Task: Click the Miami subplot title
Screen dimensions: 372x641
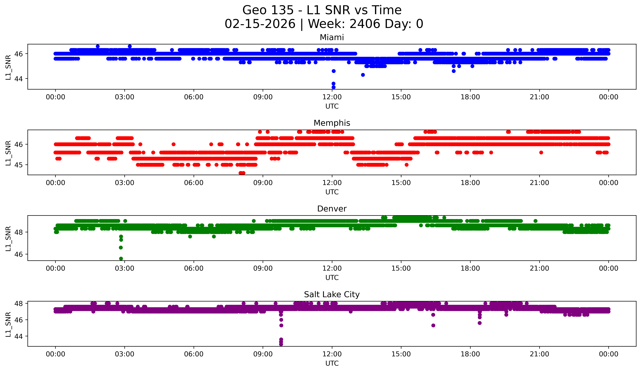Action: pyautogui.click(x=332, y=37)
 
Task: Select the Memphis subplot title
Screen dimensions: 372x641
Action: pyautogui.click(x=332, y=123)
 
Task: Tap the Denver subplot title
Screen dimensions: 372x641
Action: pyautogui.click(x=332, y=209)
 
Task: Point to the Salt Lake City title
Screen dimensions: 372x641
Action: pyautogui.click(x=332, y=294)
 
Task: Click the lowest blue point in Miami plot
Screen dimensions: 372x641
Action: pyautogui.click(x=333, y=87)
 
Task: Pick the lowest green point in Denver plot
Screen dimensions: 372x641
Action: pyautogui.click(x=121, y=259)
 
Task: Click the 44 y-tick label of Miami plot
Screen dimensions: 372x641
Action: pyautogui.click(x=19, y=79)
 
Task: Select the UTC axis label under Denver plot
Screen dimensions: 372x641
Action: pyautogui.click(x=332, y=278)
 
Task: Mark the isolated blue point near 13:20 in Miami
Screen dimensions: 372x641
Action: pyautogui.click(x=363, y=75)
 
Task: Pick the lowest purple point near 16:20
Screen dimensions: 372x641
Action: pyautogui.click(x=433, y=326)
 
